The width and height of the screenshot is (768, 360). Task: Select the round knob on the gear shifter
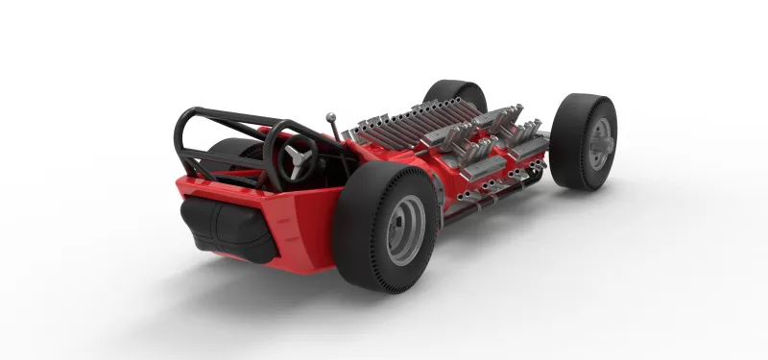pyautogui.click(x=331, y=119)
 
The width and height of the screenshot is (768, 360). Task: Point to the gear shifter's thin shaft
pyautogui.click(x=335, y=132)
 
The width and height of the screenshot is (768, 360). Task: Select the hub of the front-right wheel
pyautogui.click(x=601, y=141)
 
